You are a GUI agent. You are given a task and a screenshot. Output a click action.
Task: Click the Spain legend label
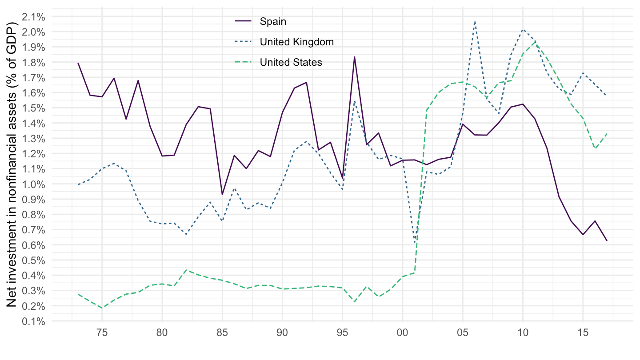pos(273,21)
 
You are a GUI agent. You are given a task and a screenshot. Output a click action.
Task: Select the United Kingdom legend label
pos(296,42)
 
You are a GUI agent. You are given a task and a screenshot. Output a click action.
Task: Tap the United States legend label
pos(291,62)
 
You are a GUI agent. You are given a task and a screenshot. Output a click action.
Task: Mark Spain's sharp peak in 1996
pos(354,57)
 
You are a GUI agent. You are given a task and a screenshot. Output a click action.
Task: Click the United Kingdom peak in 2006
pos(475,21)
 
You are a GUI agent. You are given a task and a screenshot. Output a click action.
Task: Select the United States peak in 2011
pos(535,42)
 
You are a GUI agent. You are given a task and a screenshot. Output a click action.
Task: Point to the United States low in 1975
pos(102,308)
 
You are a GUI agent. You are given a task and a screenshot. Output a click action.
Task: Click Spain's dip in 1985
pos(222,195)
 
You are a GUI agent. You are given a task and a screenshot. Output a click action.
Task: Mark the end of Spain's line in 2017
pos(607,240)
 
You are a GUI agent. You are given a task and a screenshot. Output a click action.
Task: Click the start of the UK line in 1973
pos(78,184)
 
